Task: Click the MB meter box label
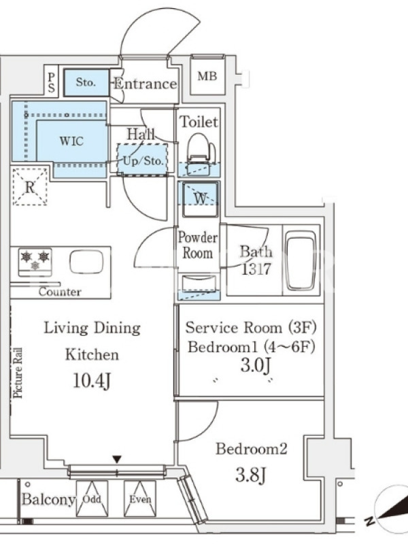[207, 76]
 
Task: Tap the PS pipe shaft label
[52, 82]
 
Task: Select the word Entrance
[146, 84]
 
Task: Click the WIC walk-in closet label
[71, 141]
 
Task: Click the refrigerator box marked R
[30, 186]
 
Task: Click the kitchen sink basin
[86, 262]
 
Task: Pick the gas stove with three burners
[35, 262]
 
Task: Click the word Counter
[60, 292]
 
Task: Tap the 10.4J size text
[92, 381]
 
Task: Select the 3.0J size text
[256, 365]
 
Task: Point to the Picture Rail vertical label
[18, 373]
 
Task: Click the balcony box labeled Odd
[92, 498]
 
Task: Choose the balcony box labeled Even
[140, 498]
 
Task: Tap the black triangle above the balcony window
[117, 460]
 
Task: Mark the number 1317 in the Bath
[256, 269]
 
